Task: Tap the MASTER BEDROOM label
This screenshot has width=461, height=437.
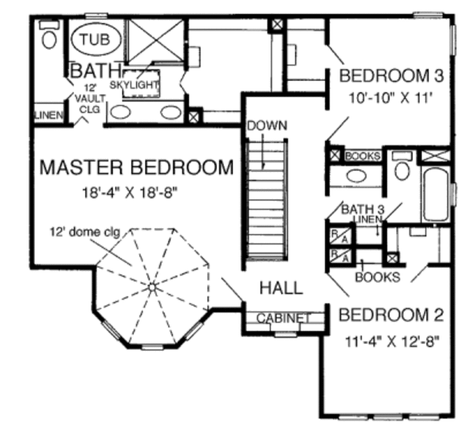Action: (x=136, y=167)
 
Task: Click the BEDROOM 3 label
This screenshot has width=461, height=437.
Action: (x=392, y=76)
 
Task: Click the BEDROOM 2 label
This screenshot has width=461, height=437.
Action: (x=392, y=315)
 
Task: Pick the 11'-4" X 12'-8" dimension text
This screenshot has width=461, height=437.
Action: (x=391, y=342)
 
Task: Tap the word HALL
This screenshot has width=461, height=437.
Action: (x=280, y=288)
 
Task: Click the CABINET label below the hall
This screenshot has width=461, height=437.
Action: (x=283, y=318)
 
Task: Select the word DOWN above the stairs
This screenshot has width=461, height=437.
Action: (x=267, y=124)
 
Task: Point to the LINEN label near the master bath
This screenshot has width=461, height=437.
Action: (x=47, y=115)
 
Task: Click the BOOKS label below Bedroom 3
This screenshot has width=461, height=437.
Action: (x=363, y=156)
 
